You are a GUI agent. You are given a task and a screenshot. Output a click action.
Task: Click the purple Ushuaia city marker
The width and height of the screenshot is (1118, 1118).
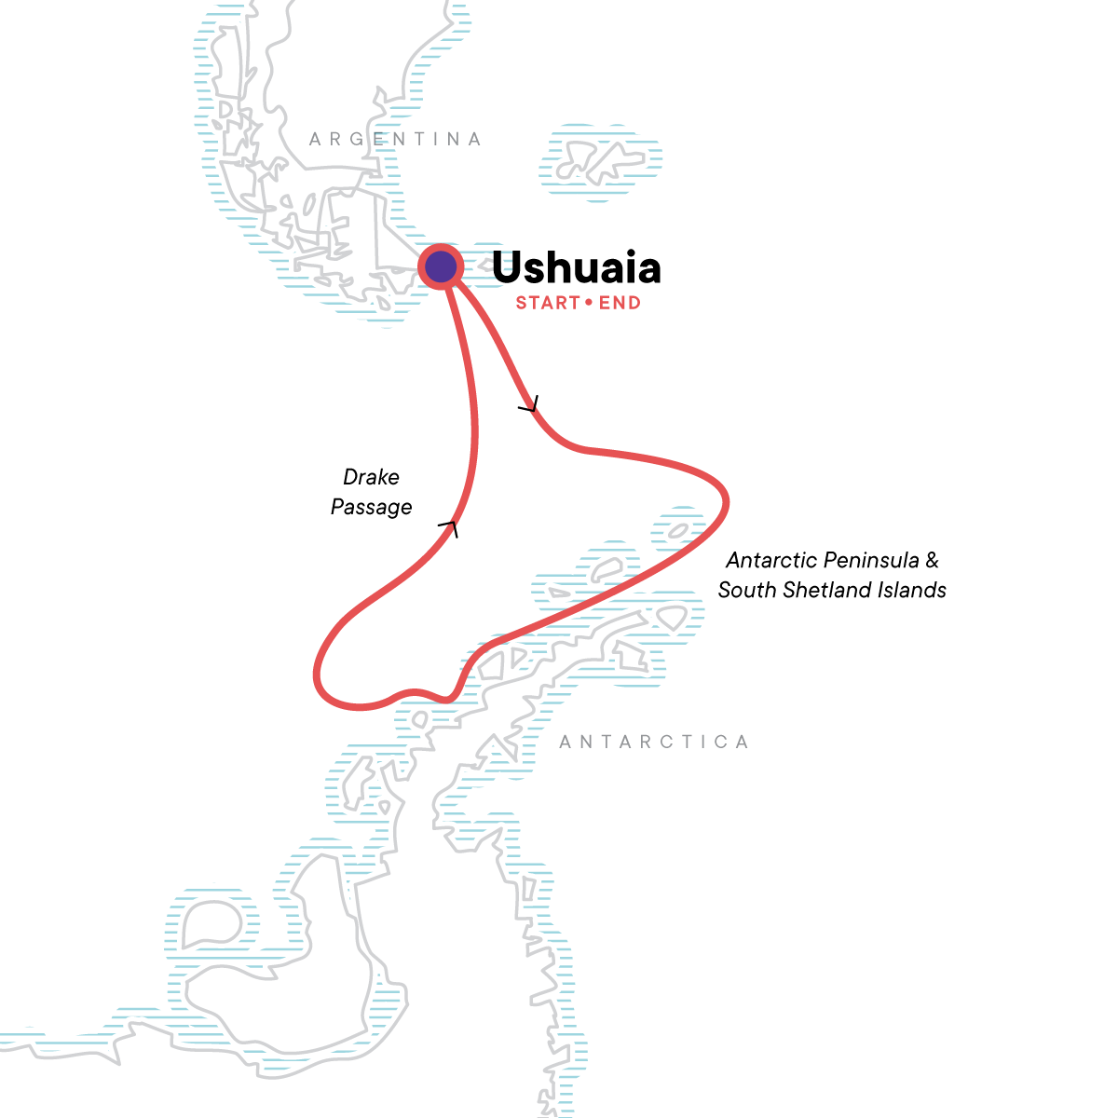coord(441,267)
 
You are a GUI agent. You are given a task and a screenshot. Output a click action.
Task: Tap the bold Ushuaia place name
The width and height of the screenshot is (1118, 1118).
coord(576,267)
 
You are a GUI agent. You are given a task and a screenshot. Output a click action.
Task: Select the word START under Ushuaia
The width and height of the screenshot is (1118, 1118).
coord(548,303)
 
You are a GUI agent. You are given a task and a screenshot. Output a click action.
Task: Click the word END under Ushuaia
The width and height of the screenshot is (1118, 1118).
coord(620,303)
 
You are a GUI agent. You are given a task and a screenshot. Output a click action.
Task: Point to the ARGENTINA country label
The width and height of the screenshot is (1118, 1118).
coord(396,140)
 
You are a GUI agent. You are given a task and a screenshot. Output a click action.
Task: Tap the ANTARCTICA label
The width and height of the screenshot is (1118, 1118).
coord(654,743)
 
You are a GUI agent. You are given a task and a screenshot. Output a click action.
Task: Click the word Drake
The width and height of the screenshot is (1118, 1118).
coord(371,477)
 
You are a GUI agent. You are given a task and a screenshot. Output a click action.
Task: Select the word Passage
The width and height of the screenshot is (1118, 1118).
coord(371,507)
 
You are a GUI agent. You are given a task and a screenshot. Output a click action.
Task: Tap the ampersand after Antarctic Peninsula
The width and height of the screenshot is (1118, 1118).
coord(932,560)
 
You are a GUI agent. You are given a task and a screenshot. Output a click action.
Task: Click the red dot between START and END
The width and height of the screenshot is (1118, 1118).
coord(589,303)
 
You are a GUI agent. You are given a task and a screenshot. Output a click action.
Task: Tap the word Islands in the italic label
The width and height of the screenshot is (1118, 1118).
coord(915,590)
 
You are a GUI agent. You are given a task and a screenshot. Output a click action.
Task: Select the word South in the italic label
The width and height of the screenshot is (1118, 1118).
coord(743,590)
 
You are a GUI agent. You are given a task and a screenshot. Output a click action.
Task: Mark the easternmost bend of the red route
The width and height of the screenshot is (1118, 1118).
coord(726,503)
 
